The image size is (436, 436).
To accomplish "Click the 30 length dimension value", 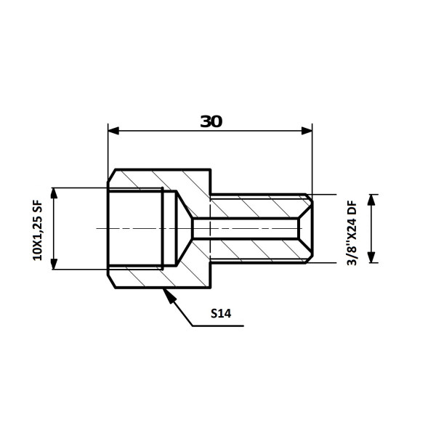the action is click(x=211, y=121).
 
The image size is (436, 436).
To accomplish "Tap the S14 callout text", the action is click(x=221, y=313).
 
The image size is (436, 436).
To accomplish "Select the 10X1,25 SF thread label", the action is click(x=38, y=230).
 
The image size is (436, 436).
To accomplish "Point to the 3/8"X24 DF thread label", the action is click(x=352, y=233).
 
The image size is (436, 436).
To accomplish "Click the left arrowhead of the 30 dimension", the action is click(x=113, y=131).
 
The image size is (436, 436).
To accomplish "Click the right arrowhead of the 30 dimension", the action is click(x=307, y=131).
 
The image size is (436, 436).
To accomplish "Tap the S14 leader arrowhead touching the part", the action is click(x=169, y=296).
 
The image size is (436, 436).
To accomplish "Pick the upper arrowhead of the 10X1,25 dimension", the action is click(x=54, y=193).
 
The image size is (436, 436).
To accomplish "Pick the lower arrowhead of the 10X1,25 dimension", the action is click(x=54, y=265).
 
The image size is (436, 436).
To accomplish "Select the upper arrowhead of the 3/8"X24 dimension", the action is click(x=371, y=200).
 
